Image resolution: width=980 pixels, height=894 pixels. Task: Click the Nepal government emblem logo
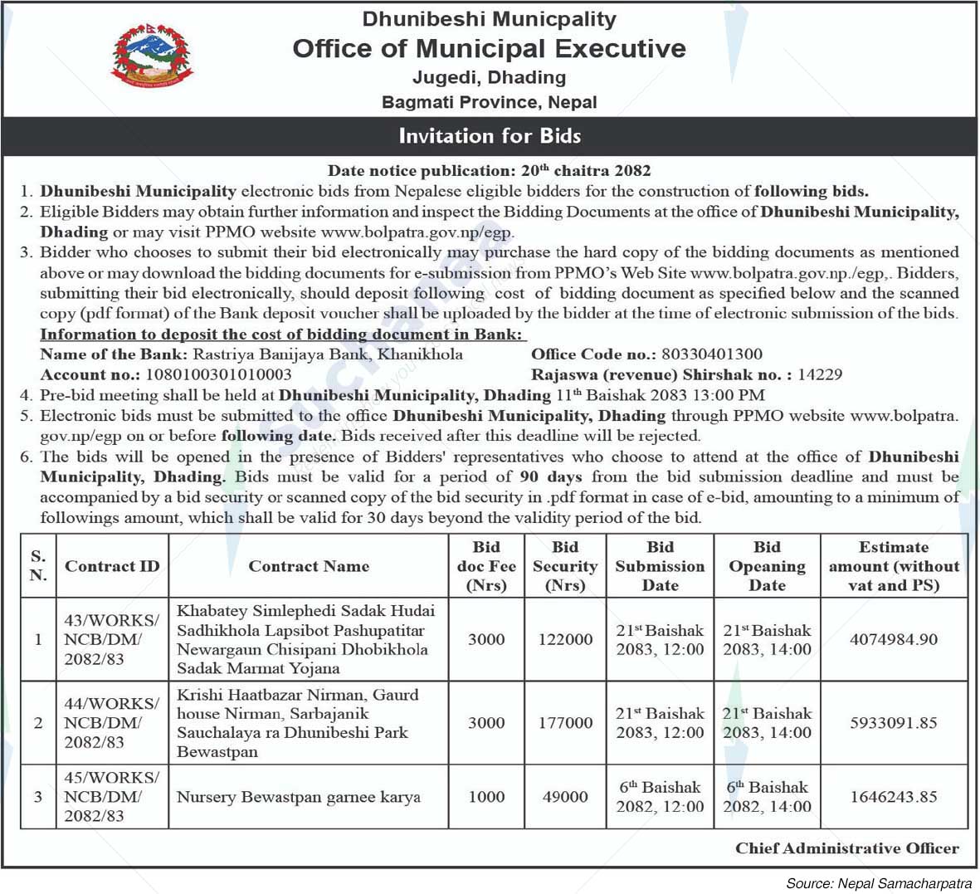coord(151,56)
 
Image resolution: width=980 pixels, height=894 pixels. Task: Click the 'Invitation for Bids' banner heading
coord(490,135)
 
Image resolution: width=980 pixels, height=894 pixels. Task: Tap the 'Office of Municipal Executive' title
coord(490,49)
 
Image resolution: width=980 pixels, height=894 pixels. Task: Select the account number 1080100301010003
coord(218,374)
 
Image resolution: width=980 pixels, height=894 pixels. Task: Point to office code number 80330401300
coord(712,354)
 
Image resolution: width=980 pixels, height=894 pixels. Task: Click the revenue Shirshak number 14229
coord(820,374)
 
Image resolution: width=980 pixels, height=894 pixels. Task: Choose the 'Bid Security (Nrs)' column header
coord(565,566)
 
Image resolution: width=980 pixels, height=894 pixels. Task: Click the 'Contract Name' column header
coord(309,566)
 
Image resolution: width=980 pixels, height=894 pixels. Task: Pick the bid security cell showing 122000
coord(565,639)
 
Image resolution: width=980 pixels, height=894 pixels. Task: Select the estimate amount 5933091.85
coord(894,722)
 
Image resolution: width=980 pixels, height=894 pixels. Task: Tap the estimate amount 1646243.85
coord(894,797)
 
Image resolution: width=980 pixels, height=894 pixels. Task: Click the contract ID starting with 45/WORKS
coord(111,797)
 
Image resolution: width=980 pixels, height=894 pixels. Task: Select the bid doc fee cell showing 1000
coord(486,797)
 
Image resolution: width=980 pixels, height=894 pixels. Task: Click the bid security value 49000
coord(565,797)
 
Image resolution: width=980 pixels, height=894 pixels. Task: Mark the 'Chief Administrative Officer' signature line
coord(846,848)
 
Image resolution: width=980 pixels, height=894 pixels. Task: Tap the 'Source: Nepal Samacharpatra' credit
coord(878,883)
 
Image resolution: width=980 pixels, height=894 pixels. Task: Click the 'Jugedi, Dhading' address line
coord(490,77)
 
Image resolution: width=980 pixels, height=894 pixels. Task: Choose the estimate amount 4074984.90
coord(894,639)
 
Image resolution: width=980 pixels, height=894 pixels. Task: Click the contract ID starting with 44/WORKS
coord(111,722)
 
